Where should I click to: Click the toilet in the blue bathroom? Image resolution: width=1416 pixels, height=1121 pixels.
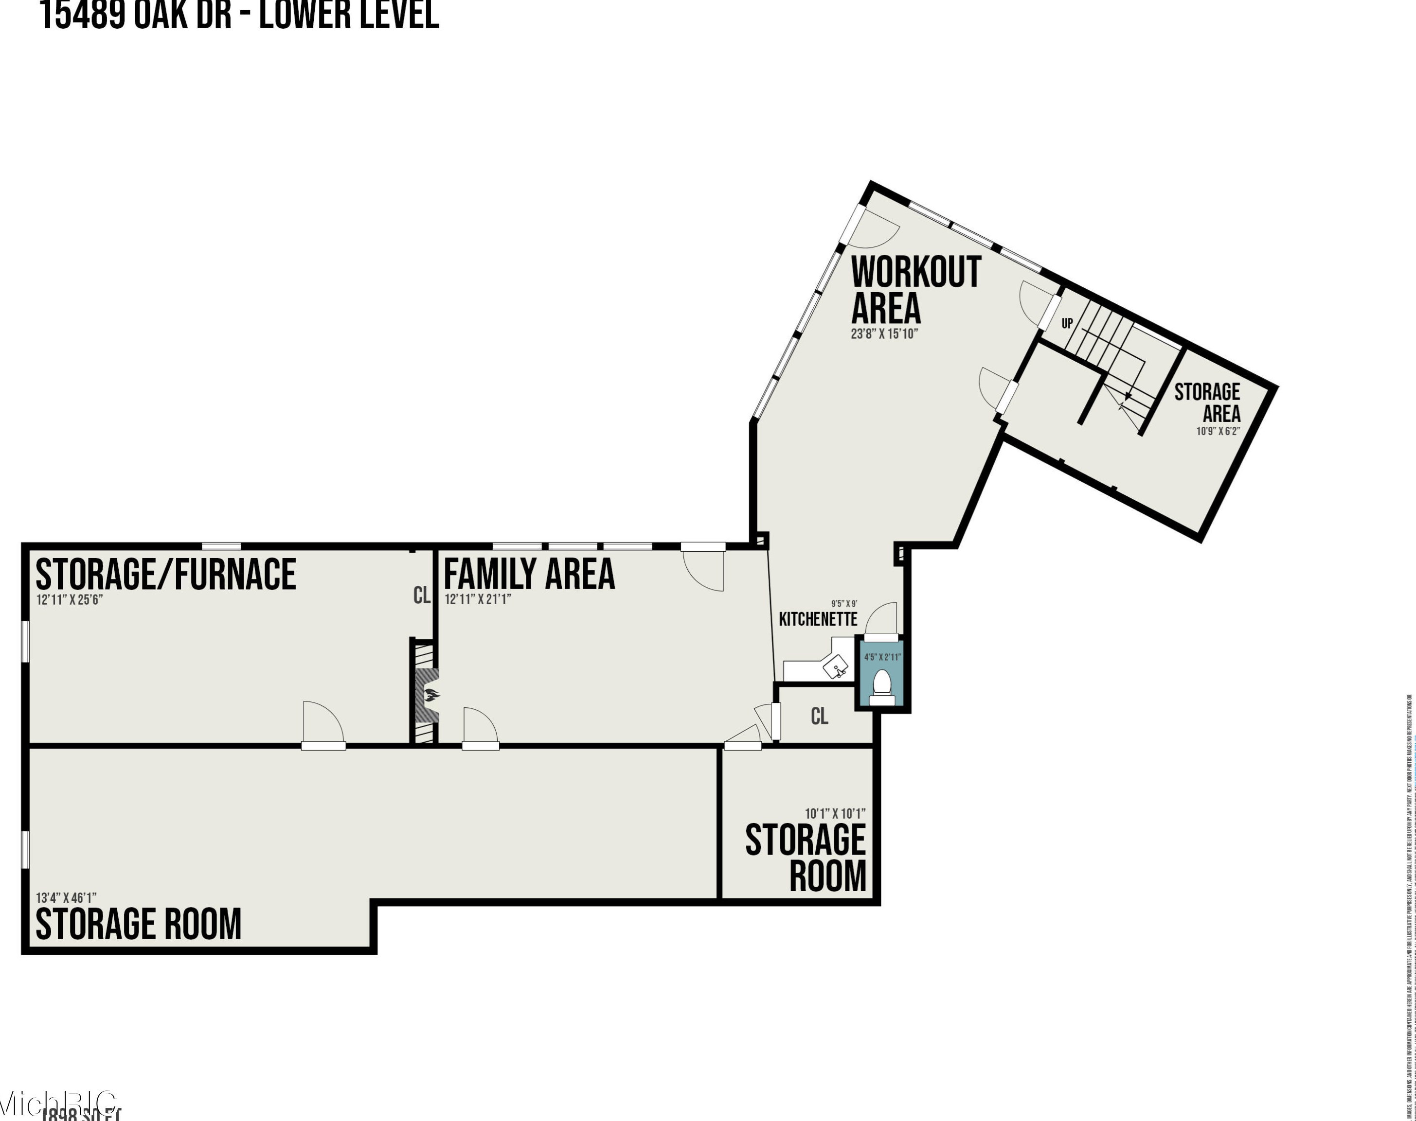click(x=881, y=685)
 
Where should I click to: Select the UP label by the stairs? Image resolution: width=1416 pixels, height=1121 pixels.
click(x=1067, y=323)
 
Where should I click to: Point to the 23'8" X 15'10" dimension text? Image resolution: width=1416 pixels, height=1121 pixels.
click(x=884, y=333)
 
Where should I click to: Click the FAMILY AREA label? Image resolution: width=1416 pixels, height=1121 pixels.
click(x=529, y=574)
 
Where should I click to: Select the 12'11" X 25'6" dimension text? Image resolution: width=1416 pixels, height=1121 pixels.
click(x=70, y=599)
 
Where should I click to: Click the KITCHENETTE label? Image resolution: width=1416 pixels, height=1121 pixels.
click(x=818, y=619)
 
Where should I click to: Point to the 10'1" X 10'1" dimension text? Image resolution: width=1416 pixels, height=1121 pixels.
click(x=835, y=814)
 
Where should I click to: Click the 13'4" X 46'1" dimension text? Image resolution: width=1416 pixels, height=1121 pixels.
click(x=66, y=897)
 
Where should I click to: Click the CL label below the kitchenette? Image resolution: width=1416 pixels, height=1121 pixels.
click(x=820, y=716)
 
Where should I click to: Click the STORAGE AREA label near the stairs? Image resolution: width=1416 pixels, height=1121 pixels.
click(x=1208, y=403)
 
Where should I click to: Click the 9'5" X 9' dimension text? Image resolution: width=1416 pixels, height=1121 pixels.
click(x=844, y=604)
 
